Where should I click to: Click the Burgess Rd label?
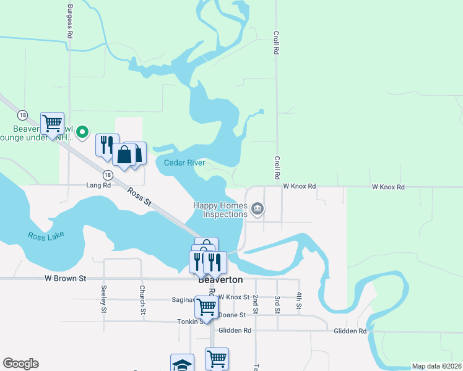pyautogui.click(x=69, y=22)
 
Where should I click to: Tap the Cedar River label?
pyautogui.click(x=184, y=163)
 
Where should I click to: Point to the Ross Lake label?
pyautogui.click(x=46, y=236)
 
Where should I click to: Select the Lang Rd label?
pyautogui.click(x=98, y=185)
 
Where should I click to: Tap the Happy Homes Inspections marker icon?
pyautogui.click(x=257, y=210)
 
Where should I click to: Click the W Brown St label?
pyautogui.click(x=65, y=279)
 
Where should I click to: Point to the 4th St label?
pyautogui.click(x=298, y=301)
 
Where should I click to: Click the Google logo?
pyautogui.click(x=20, y=364)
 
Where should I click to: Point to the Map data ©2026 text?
pyautogui.click(x=436, y=366)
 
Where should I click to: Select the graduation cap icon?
pyautogui.click(x=183, y=364)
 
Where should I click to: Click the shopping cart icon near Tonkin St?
pyautogui.click(x=206, y=306)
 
